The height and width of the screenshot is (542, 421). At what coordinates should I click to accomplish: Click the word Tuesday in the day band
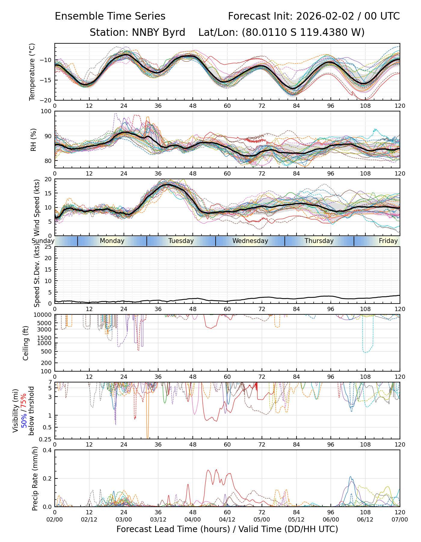(181, 241)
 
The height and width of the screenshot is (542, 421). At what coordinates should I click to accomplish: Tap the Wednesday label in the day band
(250, 241)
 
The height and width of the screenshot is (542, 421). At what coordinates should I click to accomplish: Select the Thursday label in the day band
(319, 241)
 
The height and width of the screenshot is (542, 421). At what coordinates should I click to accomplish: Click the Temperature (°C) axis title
(32, 72)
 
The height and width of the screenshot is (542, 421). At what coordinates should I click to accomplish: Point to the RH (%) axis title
(33, 139)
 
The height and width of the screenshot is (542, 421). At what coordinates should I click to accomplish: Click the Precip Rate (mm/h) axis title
(35, 478)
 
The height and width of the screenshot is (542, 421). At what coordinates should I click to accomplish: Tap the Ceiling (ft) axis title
(26, 343)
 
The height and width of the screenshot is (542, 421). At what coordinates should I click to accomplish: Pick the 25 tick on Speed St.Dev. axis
(48, 247)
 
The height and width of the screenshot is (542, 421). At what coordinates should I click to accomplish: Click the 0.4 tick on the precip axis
(48, 450)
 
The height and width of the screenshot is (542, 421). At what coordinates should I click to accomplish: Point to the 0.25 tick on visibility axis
(46, 439)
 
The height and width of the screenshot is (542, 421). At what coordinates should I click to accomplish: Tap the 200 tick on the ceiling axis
(47, 363)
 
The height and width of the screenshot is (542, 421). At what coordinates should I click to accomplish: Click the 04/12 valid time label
(227, 520)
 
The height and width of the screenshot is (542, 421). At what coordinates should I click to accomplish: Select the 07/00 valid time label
(400, 520)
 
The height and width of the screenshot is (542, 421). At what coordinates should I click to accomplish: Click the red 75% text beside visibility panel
(24, 401)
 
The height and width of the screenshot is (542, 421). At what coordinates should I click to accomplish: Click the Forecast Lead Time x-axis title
(227, 529)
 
